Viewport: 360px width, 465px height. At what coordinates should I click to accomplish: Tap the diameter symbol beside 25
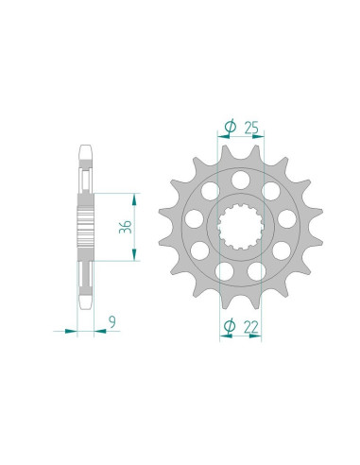(229, 123)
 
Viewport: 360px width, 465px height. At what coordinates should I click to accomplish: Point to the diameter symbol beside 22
(228, 327)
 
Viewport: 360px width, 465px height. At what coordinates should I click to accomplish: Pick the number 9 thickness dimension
(112, 322)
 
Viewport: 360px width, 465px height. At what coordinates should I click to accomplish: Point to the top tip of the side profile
(85, 146)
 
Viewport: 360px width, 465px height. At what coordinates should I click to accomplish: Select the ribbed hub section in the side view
(85, 226)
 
